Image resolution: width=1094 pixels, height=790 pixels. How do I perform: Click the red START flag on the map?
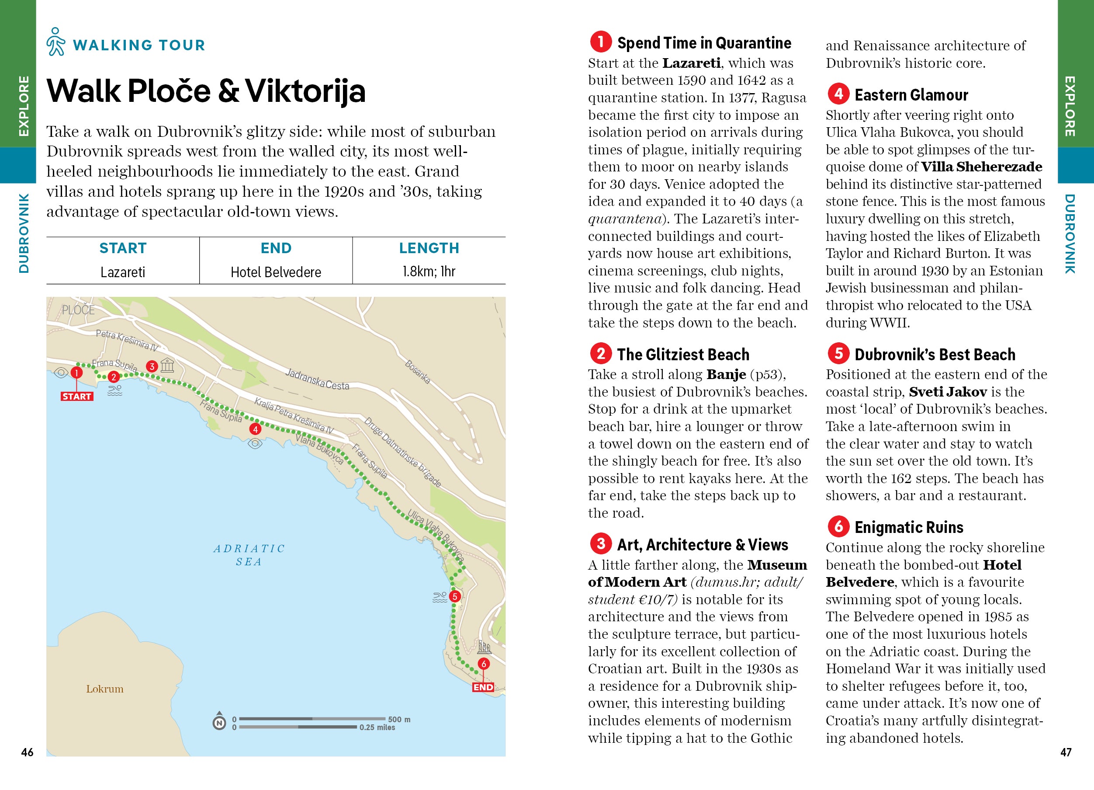point(77,396)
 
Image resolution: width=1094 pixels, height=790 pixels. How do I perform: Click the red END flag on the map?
point(483,687)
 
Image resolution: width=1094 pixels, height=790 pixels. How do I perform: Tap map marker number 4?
point(255,428)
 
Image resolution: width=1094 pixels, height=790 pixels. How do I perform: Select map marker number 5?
point(454,596)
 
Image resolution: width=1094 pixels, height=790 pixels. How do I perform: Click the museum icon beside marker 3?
point(167,365)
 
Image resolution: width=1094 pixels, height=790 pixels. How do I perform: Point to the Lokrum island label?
point(105,689)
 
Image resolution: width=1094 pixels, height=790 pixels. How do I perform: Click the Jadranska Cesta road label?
point(317,379)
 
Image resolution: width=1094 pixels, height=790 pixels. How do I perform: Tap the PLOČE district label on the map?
point(78,310)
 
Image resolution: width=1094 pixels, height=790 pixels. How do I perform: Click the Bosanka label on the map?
point(417,372)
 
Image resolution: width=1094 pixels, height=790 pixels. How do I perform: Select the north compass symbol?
point(219,722)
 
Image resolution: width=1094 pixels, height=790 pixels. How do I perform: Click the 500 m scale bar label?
point(399,719)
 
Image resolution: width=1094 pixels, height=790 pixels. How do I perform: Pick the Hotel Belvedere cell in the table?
point(276,272)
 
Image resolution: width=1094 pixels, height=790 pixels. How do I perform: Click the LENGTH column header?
point(429,248)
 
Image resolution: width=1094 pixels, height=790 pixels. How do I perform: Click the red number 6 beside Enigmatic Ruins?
point(839,526)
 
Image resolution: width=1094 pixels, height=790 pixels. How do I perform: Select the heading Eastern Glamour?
point(911,95)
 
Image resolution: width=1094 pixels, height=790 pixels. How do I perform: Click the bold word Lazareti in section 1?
point(691,63)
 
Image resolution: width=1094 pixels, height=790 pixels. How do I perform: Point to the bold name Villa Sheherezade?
point(982,167)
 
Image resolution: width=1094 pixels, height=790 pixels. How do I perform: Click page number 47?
point(1066,752)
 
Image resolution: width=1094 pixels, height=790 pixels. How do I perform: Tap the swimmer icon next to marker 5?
point(440,598)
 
